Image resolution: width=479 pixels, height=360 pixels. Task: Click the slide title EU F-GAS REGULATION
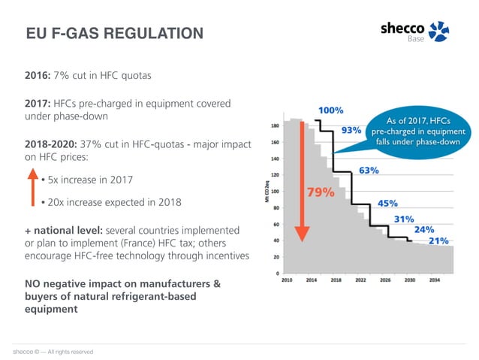pyautogui.click(x=114, y=34)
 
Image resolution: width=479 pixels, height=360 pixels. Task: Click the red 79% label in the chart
pyautogui.click(x=321, y=192)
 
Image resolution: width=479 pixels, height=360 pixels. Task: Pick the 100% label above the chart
pyautogui.click(x=331, y=110)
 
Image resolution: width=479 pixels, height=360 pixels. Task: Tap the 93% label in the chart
pyautogui.click(x=351, y=130)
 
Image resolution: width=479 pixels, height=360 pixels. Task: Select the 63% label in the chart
pyautogui.click(x=369, y=171)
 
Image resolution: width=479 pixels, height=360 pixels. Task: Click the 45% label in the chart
pyautogui.click(x=387, y=203)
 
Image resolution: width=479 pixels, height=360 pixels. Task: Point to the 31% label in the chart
pyautogui.click(x=405, y=219)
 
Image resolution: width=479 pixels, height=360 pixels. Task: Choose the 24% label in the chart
pyautogui.click(x=424, y=230)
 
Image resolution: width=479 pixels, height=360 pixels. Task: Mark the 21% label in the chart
pyautogui.click(x=438, y=241)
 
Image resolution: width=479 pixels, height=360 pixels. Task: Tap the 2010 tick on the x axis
pyautogui.click(x=288, y=280)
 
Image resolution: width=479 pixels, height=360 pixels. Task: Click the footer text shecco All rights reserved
pyautogui.click(x=53, y=351)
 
